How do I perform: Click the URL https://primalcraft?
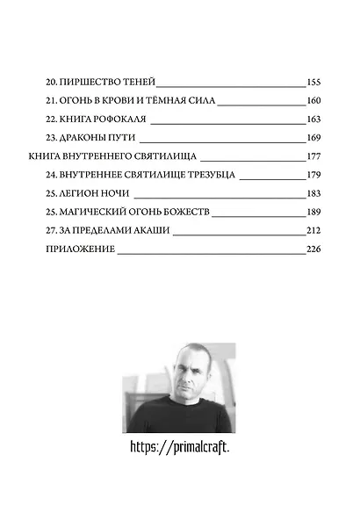tap(179, 447)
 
